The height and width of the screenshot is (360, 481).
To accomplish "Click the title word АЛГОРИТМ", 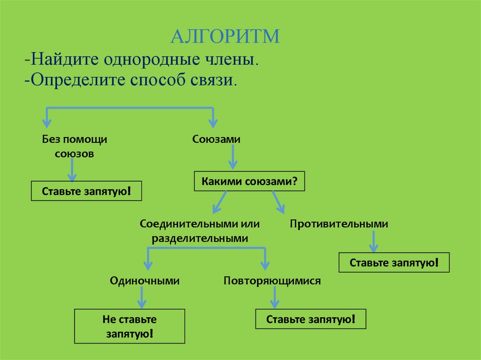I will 225,36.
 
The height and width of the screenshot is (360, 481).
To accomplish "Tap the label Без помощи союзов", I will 75,146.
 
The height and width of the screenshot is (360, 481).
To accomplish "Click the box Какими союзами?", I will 249,181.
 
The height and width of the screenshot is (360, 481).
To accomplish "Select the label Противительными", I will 339,224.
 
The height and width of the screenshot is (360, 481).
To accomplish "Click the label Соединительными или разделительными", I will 200,231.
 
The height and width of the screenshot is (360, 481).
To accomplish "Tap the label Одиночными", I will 145,281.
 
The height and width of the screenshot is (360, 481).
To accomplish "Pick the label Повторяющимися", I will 272,281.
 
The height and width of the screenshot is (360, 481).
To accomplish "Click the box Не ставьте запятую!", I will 130,327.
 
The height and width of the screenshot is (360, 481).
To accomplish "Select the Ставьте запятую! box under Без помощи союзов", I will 86,191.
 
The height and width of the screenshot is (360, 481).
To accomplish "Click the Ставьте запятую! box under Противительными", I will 394,263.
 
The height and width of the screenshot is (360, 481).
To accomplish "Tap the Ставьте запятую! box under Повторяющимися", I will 310,319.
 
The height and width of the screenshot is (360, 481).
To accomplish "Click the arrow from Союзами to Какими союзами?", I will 233,158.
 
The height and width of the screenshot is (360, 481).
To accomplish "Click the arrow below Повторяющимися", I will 274,298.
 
